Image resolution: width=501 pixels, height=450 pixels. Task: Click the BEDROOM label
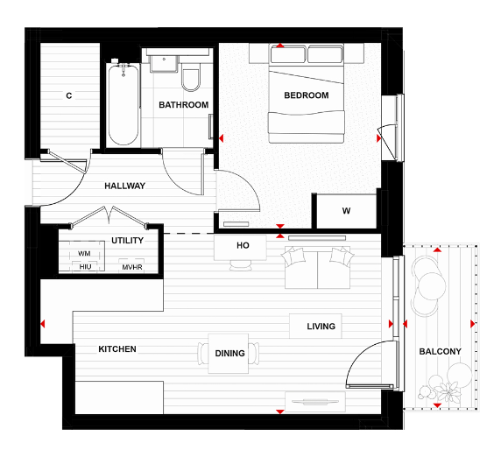(307, 95)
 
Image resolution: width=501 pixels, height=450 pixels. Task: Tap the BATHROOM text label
(183, 105)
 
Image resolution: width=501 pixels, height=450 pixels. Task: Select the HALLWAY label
(124, 186)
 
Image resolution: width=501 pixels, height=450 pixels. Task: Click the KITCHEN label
(116, 348)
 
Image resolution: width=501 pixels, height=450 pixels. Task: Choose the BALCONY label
(440, 351)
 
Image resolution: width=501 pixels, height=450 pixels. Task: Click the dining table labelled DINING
(229, 354)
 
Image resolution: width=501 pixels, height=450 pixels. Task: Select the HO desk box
(243, 246)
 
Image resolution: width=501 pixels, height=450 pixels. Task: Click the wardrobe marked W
(346, 211)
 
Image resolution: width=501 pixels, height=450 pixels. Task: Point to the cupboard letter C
(68, 95)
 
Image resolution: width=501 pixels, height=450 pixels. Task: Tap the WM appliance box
(84, 253)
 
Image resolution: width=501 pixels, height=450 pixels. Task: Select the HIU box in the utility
(85, 266)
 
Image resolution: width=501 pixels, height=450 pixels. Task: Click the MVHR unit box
(132, 266)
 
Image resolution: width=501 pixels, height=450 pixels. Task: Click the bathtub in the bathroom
(123, 104)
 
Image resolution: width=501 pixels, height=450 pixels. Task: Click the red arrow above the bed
(280, 46)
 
